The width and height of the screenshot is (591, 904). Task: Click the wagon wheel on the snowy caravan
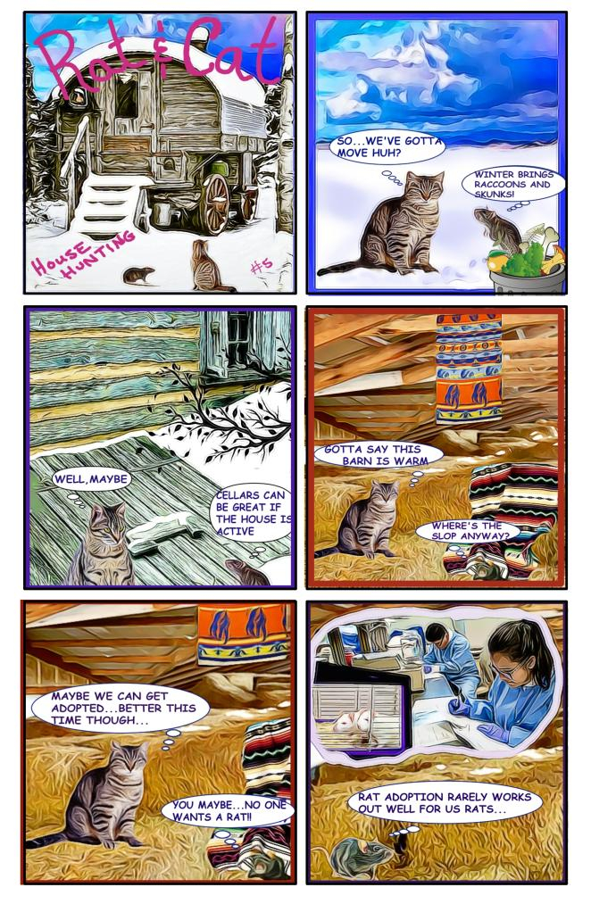(217, 203)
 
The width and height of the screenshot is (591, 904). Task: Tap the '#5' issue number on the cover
(262, 266)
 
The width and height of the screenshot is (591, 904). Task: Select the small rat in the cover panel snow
(138, 275)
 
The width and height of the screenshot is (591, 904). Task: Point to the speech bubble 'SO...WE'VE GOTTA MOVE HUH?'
(387, 148)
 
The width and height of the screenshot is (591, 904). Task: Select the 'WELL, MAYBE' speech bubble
(91, 479)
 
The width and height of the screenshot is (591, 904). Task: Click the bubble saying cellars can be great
(252, 512)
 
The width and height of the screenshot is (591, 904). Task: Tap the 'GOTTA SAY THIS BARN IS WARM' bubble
(379, 455)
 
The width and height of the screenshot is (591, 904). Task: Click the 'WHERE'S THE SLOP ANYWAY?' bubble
(468, 531)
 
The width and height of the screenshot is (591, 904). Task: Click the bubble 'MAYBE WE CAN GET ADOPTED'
(120, 708)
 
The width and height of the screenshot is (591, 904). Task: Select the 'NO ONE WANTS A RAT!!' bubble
(228, 810)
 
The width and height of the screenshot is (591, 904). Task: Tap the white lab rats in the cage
(353, 722)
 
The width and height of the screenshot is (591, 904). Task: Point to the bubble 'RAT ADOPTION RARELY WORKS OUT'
(445, 803)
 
